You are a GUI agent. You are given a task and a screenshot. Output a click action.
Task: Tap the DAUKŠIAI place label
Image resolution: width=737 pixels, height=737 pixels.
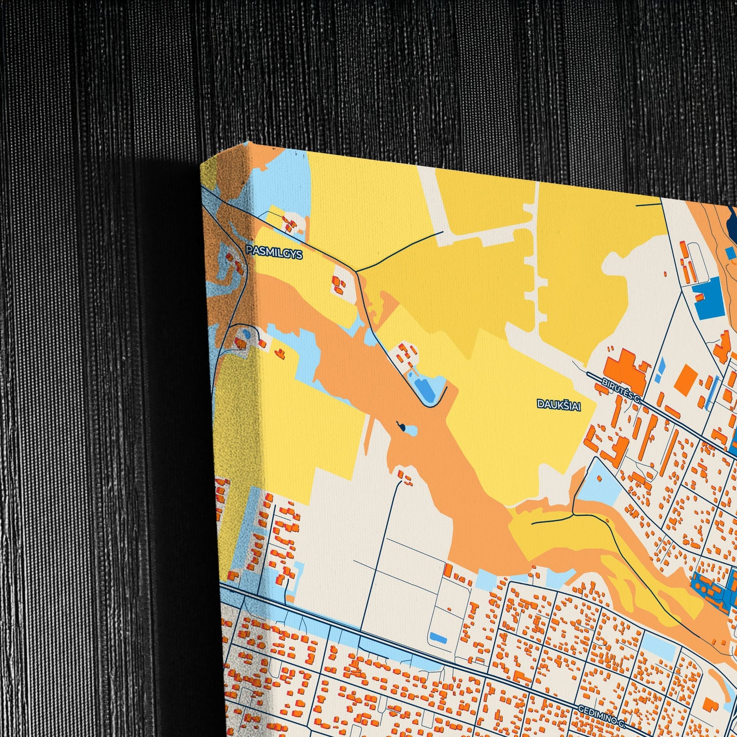pyautogui.click(x=559, y=404)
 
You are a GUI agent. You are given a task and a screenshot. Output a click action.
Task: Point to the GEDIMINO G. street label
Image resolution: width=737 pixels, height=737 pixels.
pyautogui.click(x=602, y=716)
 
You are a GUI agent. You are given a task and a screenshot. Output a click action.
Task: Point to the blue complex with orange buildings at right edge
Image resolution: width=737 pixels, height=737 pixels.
pyautogui.click(x=714, y=592)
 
